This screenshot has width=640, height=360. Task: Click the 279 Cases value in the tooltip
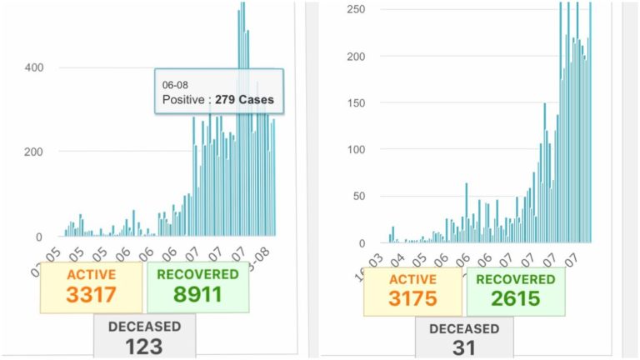click(245, 101)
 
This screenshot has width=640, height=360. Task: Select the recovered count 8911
click(197, 294)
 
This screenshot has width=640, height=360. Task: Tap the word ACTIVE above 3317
click(91, 274)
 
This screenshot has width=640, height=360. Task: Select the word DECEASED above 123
click(143, 325)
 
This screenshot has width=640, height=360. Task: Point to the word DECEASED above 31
click(464, 328)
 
